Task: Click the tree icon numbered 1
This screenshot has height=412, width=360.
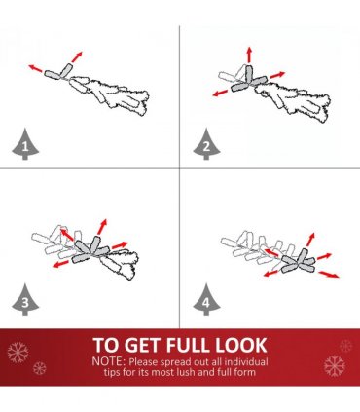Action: pyautogui.click(x=25, y=144)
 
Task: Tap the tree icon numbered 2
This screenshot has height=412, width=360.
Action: pyautogui.click(x=206, y=144)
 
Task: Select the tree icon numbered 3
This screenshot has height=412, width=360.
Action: pyautogui.click(x=25, y=300)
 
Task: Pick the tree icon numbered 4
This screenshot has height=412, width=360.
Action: pyautogui.click(x=206, y=300)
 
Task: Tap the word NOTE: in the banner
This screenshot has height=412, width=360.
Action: pyautogui.click(x=109, y=361)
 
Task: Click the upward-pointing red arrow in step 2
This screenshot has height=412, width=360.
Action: pyautogui.click(x=249, y=55)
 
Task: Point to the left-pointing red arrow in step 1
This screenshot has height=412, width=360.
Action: pyautogui.click(x=35, y=68)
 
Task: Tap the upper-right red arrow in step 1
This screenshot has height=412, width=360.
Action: pyautogui.click(x=77, y=56)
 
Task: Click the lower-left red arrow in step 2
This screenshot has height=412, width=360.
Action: pyautogui.click(x=220, y=94)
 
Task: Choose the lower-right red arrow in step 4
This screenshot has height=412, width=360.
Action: pyautogui.click(x=329, y=275)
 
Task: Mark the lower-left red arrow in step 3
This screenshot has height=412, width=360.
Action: pyautogui.click(x=60, y=264)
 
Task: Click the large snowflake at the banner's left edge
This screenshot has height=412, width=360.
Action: pyautogui.click(x=18, y=352)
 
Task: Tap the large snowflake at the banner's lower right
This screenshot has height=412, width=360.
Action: pyautogui.click(x=335, y=365)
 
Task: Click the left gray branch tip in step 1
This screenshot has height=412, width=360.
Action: pyautogui.click(x=52, y=75)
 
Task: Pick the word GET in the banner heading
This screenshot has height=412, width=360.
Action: pyautogui.click(x=144, y=345)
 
